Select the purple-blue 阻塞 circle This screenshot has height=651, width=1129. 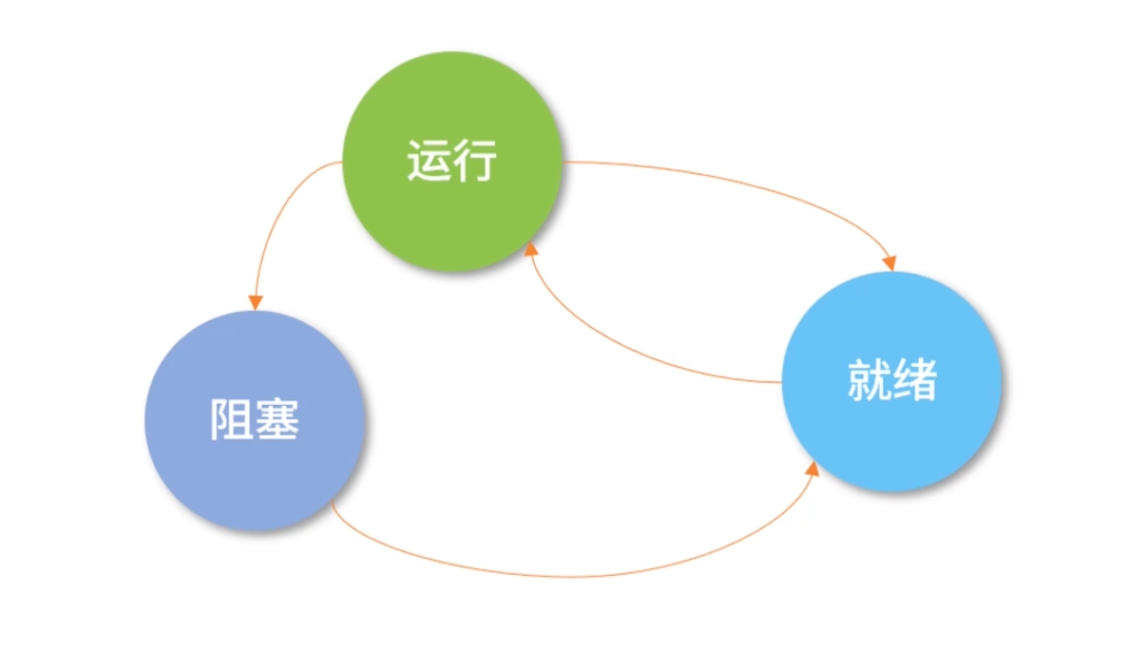(x=255, y=466)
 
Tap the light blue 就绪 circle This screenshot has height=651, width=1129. (x=891, y=428)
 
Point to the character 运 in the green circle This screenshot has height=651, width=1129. (x=428, y=162)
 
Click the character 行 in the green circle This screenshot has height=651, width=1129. (x=475, y=162)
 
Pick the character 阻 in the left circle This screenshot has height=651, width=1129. (x=231, y=419)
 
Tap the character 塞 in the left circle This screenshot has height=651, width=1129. (x=277, y=419)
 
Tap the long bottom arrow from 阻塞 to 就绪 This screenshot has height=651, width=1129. (x=570, y=576)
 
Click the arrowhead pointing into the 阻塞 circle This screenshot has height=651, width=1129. (x=255, y=302)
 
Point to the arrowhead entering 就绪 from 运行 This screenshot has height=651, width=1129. (x=890, y=263)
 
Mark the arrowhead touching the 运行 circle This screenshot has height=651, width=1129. (x=531, y=249)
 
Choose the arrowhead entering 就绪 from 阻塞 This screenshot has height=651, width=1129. (x=813, y=468)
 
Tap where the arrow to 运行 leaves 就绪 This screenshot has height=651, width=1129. (x=781, y=382)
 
